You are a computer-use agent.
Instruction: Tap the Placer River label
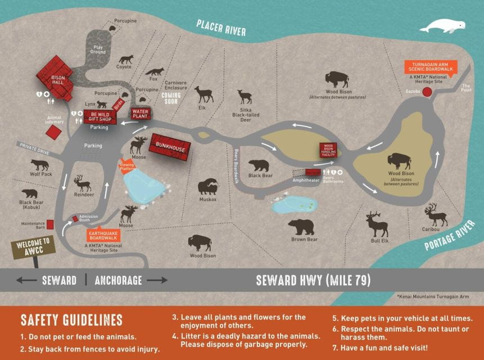click(221, 27)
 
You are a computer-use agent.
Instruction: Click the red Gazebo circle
click(427, 91)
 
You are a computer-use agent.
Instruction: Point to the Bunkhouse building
click(170, 147)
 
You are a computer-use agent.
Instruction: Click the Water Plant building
click(139, 114)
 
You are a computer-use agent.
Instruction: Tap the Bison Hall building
click(58, 78)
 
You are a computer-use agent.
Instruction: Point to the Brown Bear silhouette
click(302, 227)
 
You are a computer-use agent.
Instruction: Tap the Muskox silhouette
click(207, 187)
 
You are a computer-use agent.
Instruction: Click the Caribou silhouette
click(436, 214)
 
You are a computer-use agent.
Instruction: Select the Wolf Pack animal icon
click(39, 165)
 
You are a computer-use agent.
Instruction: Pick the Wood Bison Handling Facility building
click(327, 151)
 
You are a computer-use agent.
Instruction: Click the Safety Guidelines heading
click(71, 321)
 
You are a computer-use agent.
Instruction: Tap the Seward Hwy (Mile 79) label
click(313, 280)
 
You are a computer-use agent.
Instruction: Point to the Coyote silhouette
click(126, 59)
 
